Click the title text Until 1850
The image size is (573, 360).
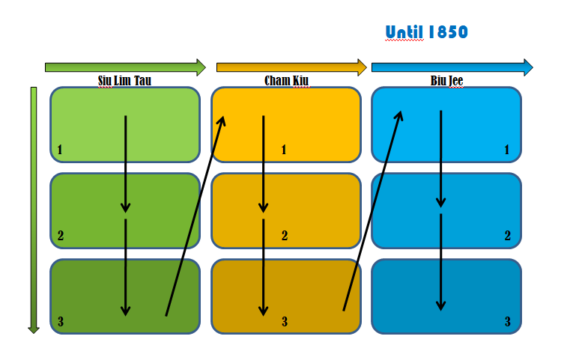click(426, 32)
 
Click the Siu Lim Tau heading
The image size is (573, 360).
click(124, 81)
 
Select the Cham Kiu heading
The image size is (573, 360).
click(286, 81)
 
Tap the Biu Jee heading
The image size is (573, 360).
click(446, 81)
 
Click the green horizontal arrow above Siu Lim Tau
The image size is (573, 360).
click(125, 67)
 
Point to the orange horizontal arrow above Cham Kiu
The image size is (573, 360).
click(291, 67)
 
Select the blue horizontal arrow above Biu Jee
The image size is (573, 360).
click(452, 67)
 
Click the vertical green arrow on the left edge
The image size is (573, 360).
click(34, 210)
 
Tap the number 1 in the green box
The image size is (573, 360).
click(60, 150)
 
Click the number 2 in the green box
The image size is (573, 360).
click(61, 236)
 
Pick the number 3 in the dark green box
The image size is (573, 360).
click(61, 322)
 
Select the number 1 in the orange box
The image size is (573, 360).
click(284, 150)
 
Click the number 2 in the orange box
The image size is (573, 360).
click(285, 236)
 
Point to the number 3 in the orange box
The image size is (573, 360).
click(285, 322)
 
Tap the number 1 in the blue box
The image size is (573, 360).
click(506, 150)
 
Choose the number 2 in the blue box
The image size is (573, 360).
click(508, 236)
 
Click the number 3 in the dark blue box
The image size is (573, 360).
click(508, 322)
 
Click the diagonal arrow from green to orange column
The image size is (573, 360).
click(195, 216)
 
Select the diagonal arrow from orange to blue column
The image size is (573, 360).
click(373, 210)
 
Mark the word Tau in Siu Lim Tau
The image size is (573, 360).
click(143, 81)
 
